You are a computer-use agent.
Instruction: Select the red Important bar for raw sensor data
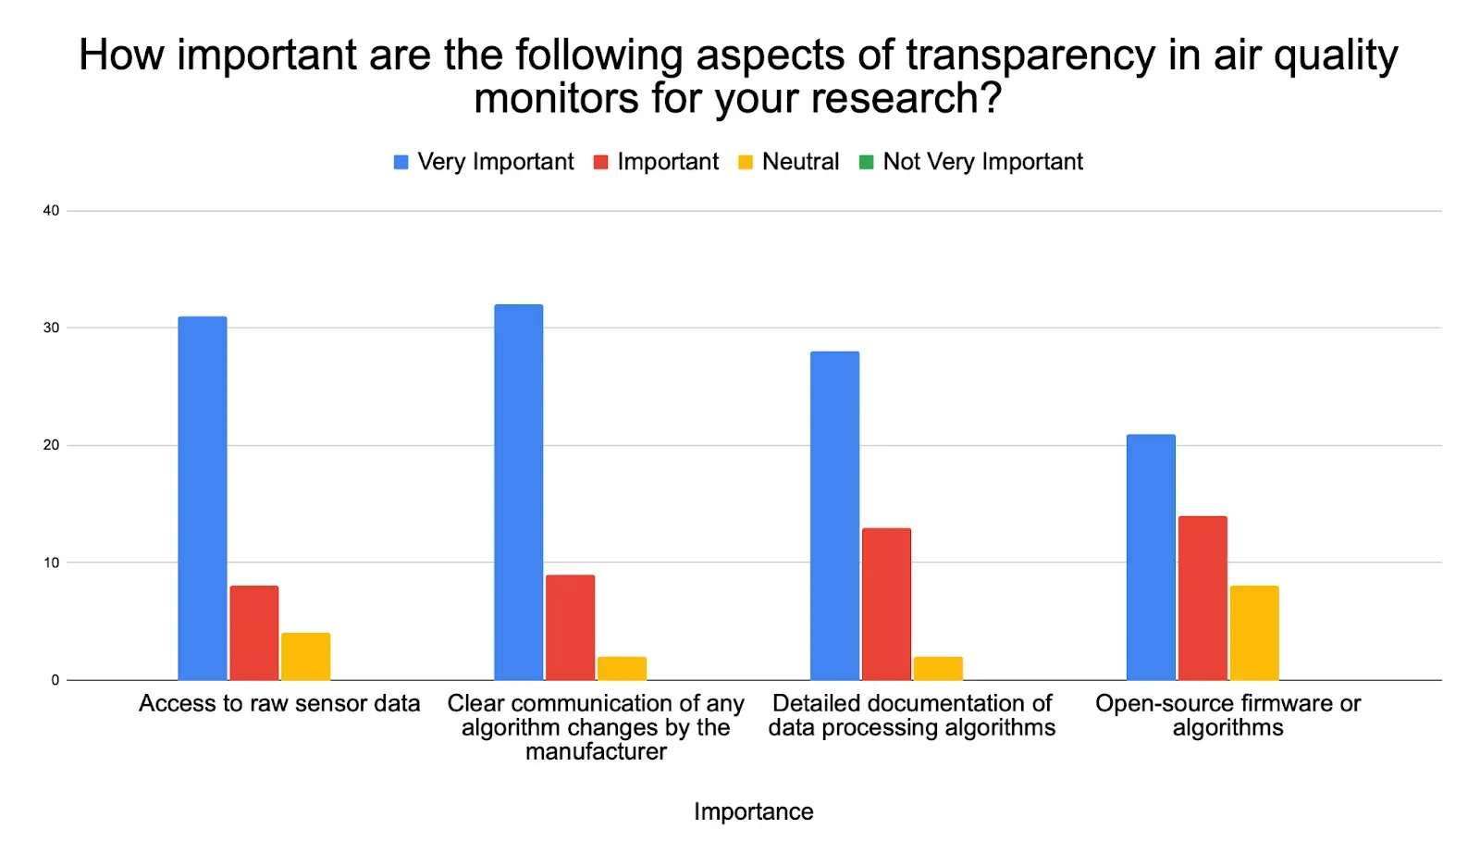click(x=253, y=633)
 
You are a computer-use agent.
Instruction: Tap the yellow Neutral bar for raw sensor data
click(x=305, y=656)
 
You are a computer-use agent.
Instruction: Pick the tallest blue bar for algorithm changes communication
click(x=518, y=492)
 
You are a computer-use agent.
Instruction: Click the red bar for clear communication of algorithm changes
click(x=570, y=627)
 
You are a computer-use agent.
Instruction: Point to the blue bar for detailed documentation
click(x=834, y=515)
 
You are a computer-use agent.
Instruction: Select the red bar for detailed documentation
click(x=886, y=604)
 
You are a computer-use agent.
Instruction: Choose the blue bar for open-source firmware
click(x=1151, y=557)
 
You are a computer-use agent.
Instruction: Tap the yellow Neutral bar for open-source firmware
click(x=1254, y=633)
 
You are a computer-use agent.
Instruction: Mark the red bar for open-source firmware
click(x=1202, y=598)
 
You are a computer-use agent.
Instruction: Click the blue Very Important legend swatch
click(x=401, y=163)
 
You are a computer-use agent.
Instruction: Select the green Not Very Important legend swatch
click(x=867, y=163)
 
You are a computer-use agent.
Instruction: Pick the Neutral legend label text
click(x=800, y=162)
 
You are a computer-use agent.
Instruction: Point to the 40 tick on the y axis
click(x=51, y=211)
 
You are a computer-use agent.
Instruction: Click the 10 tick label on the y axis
click(x=51, y=563)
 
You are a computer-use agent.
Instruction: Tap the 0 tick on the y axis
click(x=55, y=680)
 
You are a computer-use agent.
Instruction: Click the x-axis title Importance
click(x=753, y=811)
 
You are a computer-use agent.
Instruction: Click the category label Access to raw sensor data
click(x=279, y=703)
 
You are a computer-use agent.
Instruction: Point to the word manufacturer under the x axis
click(x=596, y=751)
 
